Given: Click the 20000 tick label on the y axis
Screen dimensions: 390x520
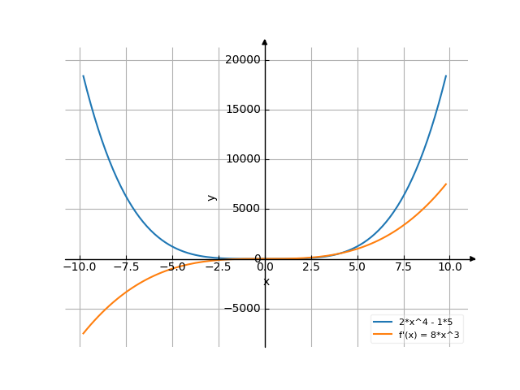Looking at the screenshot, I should (243, 60).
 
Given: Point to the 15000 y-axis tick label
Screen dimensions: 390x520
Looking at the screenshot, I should (243, 110).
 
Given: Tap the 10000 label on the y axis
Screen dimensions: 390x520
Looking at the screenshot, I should (243, 159).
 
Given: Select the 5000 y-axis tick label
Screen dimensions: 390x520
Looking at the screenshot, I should (245, 209).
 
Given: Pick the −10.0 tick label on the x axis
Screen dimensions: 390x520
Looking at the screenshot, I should (80, 267).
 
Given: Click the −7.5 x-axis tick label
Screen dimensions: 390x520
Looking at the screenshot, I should (126, 267).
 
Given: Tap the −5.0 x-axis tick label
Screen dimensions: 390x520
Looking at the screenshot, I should (172, 267).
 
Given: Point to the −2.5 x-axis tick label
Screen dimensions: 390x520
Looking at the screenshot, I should (219, 267).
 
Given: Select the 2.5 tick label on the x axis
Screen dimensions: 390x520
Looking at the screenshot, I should (312, 267).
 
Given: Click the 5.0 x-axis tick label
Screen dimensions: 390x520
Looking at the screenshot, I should (358, 267).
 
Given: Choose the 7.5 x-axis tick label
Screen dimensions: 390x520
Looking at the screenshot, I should (405, 267).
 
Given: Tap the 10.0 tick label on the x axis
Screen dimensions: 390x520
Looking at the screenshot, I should (451, 267).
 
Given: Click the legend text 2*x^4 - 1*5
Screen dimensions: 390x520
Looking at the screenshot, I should (427, 322).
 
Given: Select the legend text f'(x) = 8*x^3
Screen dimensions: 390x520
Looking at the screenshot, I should (430, 334).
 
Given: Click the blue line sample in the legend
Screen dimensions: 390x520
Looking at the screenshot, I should (383, 322).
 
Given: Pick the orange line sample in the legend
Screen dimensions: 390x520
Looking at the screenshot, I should (383, 334).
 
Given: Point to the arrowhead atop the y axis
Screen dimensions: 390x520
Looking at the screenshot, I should (265, 41).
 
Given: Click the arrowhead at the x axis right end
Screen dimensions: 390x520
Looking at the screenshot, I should (473, 259).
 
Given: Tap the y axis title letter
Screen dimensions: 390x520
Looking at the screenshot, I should (212, 197).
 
